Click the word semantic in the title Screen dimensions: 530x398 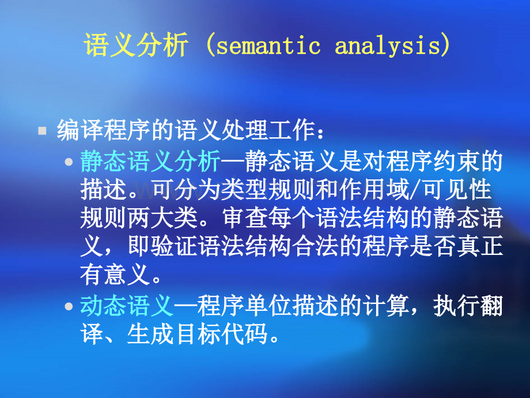[268, 46]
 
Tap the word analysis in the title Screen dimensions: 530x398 [388, 46]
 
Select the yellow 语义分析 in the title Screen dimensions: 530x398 [136, 45]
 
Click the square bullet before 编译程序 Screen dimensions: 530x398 [42, 130]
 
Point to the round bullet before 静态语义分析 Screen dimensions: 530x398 [69, 162]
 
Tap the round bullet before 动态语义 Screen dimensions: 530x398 [69, 306]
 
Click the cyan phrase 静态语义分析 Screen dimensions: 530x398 [150, 161]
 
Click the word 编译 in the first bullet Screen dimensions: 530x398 [80, 130]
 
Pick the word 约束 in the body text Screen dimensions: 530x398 [456, 161]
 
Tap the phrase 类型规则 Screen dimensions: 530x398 [268, 190]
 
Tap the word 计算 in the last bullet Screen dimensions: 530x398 [386, 306]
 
